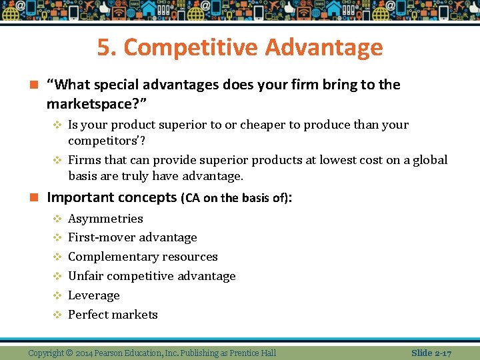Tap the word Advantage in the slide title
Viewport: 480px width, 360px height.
(x=324, y=48)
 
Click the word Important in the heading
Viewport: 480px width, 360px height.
(x=79, y=197)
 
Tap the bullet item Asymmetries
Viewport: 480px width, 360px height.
(x=105, y=219)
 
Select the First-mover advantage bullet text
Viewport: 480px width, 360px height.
(x=132, y=237)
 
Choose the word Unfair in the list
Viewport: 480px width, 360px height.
(x=86, y=276)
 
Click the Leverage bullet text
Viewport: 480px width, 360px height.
(x=94, y=295)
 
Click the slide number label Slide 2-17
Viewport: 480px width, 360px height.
(x=431, y=353)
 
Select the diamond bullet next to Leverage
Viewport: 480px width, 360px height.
(x=57, y=295)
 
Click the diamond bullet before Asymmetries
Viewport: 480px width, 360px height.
(x=57, y=219)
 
